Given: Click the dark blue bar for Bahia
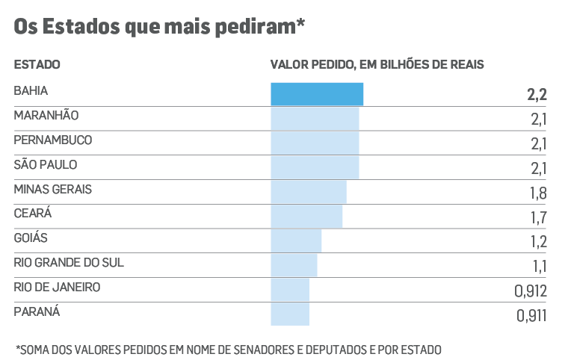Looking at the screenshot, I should pos(317,94).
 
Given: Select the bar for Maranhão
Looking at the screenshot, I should pos(315,119).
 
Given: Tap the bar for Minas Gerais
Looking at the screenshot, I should pos(309,192).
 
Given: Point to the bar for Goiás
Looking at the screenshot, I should pos(296,240).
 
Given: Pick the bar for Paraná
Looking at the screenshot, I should pos(290,314).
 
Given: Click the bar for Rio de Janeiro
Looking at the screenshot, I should pos(290,290).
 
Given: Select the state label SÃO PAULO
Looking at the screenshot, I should pos(46,164).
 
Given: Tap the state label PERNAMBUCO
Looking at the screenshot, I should pos(52,140).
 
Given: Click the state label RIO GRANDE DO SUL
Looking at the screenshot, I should pos(69,262).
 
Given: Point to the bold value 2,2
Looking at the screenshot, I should pos(537,95).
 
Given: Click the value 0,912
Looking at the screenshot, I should pos(531,291).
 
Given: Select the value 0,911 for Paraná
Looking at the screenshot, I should pos(531,315).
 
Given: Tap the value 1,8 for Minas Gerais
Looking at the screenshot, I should pos(537,193).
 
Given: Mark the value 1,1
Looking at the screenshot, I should pos(538,266).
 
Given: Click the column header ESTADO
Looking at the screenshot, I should pos(37,65).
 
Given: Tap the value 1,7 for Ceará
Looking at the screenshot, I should pos(537,217).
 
